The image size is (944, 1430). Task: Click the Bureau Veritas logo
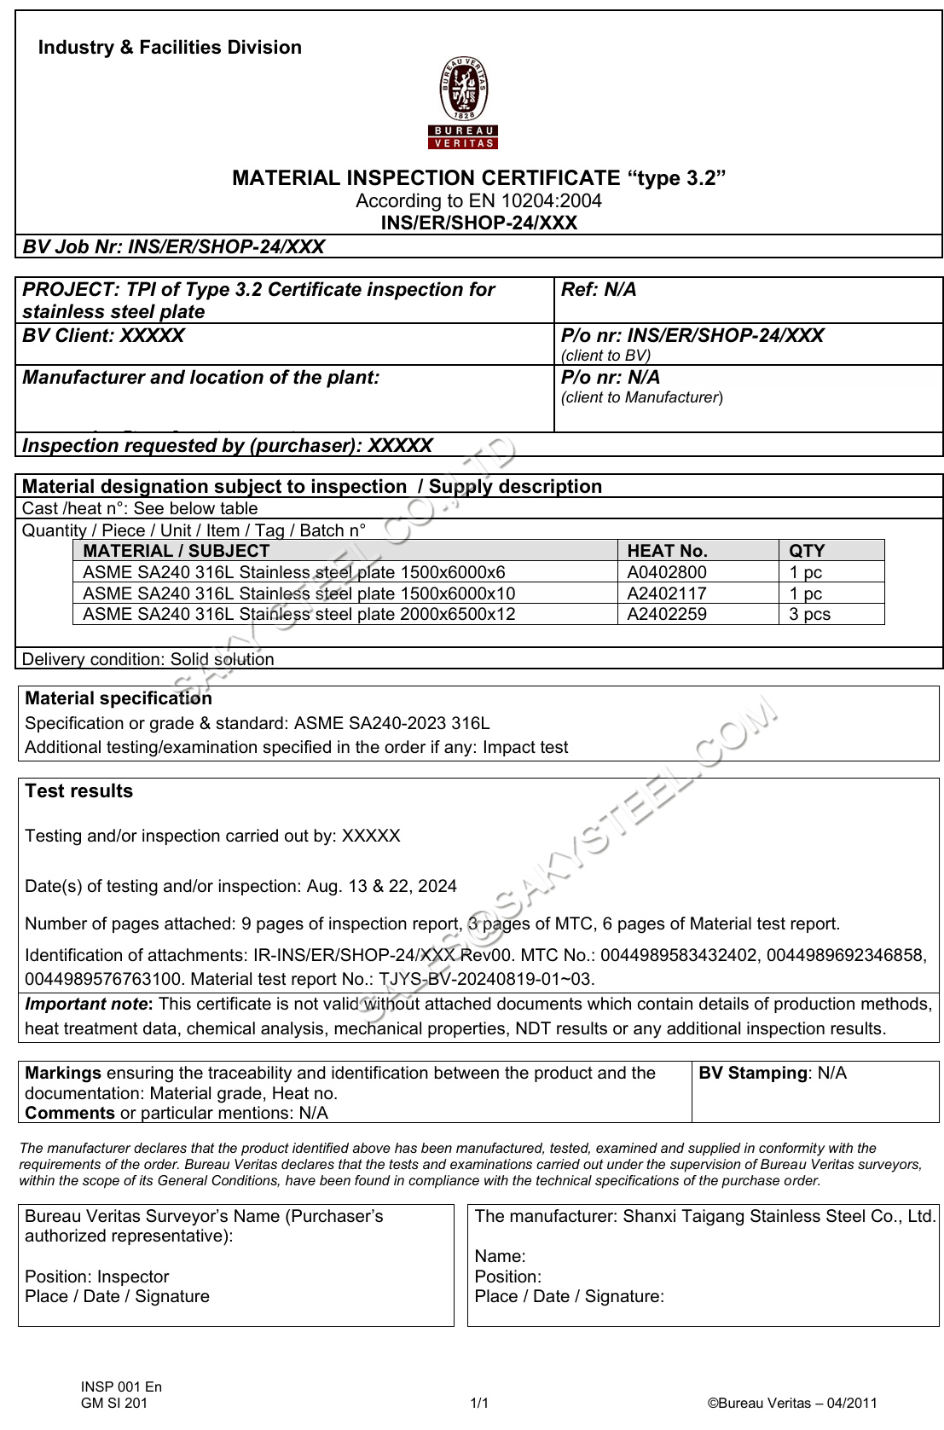(463, 102)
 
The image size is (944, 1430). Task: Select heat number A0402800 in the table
(667, 572)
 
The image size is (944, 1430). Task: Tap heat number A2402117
(667, 593)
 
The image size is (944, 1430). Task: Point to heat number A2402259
(667, 614)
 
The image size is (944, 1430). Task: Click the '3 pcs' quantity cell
(809, 614)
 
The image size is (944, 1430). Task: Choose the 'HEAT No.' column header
(667, 551)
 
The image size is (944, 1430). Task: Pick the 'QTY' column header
(807, 551)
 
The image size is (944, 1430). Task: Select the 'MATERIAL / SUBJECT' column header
(176, 551)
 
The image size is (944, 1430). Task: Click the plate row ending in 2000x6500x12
(298, 614)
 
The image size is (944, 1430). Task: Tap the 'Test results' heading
(79, 791)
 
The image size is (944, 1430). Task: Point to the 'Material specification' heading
(119, 698)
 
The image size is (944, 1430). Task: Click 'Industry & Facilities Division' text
(170, 48)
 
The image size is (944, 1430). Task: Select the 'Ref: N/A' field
(599, 290)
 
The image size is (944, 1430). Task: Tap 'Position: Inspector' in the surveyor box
(97, 1277)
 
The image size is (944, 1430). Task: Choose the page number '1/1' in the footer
(479, 1404)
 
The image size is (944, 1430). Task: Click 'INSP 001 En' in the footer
(121, 1387)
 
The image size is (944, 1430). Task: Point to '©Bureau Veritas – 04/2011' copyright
(792, 1404)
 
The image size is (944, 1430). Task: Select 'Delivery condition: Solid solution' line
(148, 659)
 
